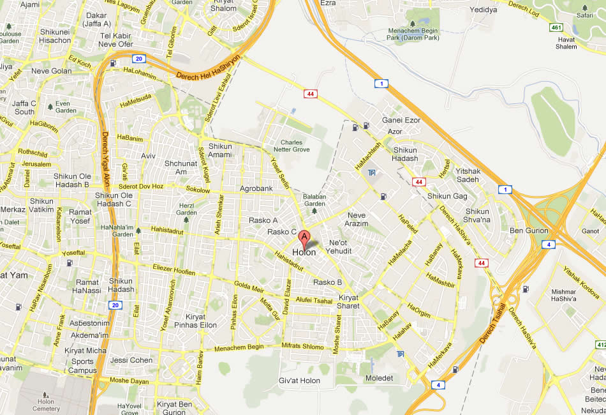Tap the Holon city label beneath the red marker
pos(304,253)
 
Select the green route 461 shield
pos(556,27)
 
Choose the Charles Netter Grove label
pos(295,146)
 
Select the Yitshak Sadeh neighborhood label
pos(468,175)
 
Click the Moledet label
pos(380,378)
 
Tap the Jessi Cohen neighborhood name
pos(131,360)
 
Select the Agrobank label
pos(256,189)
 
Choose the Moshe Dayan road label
pos(129,381)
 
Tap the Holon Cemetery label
pos(49,405)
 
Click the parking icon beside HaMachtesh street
pos(372,173)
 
